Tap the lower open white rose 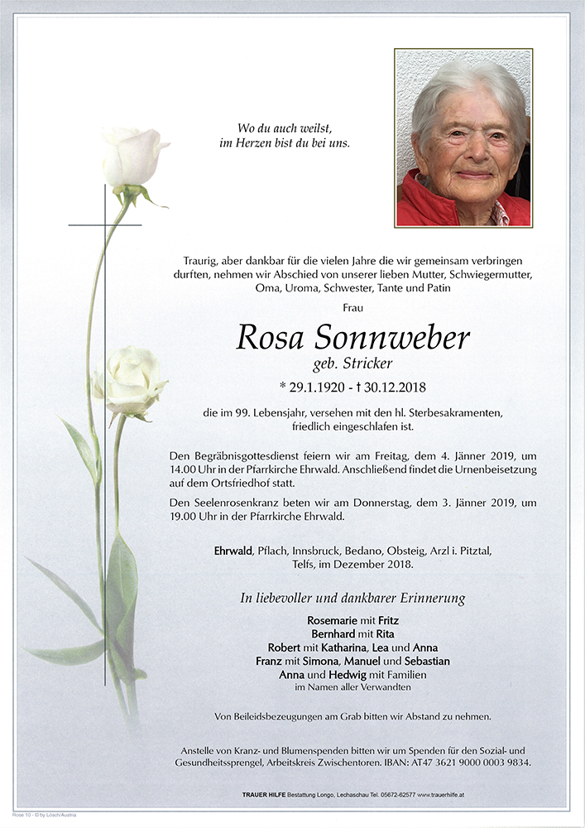coord(132,381)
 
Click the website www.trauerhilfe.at coord(453,795)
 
